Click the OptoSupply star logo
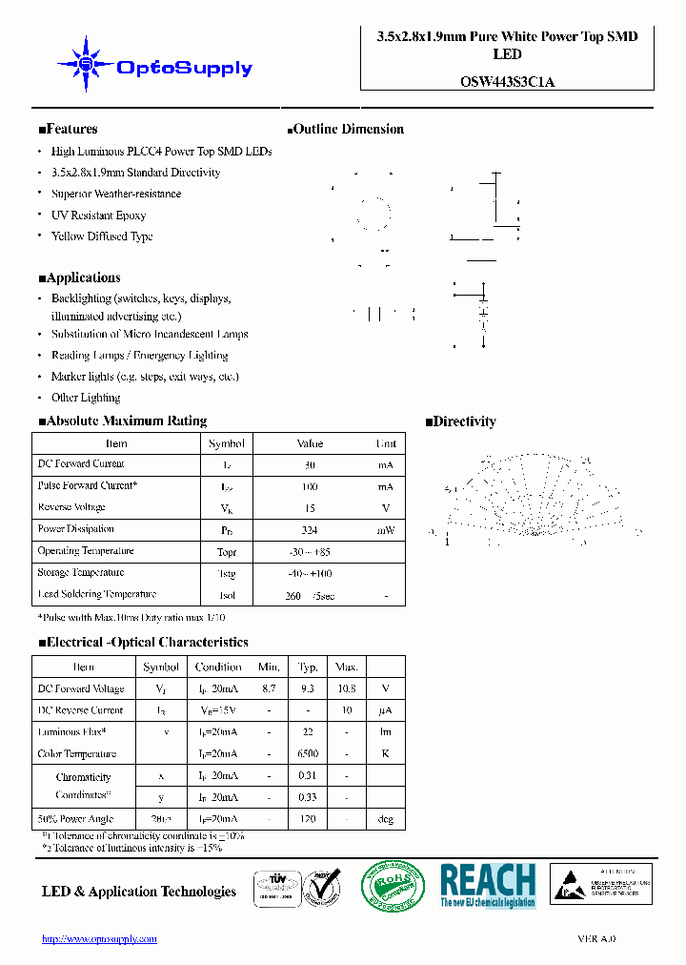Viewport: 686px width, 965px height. pos(86,64)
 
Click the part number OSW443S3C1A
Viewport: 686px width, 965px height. pos(500,82)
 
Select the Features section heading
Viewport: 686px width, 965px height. pos(68,130)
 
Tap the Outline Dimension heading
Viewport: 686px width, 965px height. pos(345,130)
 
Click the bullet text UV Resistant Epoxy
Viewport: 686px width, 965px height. pos(98,216)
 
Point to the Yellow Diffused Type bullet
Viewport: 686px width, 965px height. pos(101,236)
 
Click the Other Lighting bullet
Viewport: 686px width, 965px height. pos(86,398)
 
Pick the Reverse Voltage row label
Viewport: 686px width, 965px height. pos(71,508)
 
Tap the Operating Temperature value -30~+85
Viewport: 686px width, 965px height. pos(310,552)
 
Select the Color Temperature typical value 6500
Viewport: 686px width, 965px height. pos(308,754)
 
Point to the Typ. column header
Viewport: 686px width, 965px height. pos(308,667)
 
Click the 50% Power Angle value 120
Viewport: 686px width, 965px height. pos(308,819)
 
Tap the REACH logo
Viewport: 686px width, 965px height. pos(488,886)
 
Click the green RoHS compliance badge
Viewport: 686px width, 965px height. pos(393,886)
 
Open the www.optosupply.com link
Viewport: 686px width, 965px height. pos(99,939)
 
